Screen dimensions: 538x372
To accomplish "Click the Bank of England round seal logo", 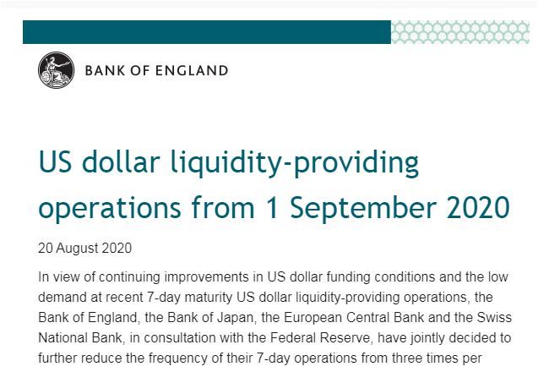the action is pos(56,70).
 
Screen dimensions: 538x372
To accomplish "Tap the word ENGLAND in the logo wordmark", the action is pos(192,71).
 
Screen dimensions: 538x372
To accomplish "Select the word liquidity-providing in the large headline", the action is pos(295,163).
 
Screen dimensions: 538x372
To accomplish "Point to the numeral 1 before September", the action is pos(273,207).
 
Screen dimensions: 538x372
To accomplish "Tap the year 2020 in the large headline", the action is pos(478,207).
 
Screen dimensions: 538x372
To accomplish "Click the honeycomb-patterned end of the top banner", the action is pos(460,32).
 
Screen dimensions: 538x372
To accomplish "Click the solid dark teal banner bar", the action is pos(207,32).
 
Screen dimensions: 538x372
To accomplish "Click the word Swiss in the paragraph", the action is pos(494,317).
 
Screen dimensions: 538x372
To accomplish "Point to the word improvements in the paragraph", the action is pos(207,277).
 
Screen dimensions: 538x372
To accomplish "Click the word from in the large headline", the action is pos(223,207).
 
